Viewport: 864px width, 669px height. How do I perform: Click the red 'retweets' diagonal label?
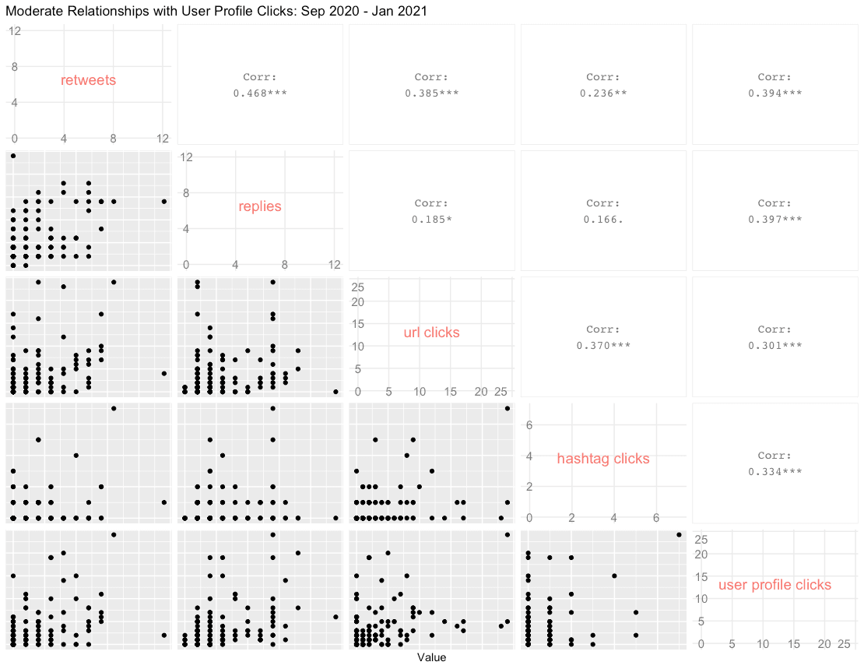point(88,80)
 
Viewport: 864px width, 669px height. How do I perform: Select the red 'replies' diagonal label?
point(260,206)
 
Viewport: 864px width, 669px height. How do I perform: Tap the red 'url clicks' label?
point(431,333)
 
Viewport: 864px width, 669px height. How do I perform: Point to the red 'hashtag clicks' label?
point(603,459)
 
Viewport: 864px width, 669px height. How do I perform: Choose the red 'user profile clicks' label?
point(774,585)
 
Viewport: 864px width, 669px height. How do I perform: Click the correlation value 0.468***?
point(260,93)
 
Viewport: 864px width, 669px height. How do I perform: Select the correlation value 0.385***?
point(431,93)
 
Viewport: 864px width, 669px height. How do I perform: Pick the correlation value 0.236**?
point(603,93)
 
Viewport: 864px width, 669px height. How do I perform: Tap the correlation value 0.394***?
point(774,93)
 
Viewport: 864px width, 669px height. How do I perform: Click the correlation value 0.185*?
point(431,220)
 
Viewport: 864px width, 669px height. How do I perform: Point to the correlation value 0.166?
point(603,220)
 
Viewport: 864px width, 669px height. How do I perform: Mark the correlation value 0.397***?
point(774,220)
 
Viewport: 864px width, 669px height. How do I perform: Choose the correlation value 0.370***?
point(603,346)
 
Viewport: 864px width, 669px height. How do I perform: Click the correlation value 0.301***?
point(774,346)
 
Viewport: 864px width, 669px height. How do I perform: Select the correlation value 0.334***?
point(774,472)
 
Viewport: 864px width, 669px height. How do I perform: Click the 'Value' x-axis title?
point(431,658)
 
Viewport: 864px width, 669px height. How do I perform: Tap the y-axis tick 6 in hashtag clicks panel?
point(529,424)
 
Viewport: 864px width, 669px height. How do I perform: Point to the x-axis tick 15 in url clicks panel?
point(451,390)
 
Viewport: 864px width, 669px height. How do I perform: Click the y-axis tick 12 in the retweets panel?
point(14,30)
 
